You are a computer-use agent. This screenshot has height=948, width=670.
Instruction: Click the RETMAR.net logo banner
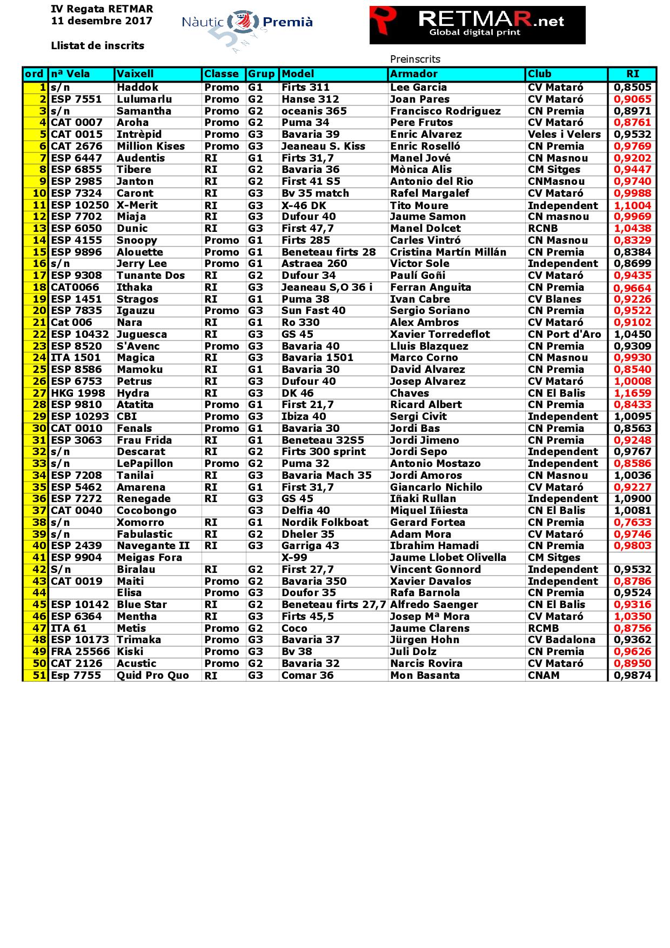tap(477, 25)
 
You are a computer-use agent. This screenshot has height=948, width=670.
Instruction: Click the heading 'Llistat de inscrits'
tap(97, 46)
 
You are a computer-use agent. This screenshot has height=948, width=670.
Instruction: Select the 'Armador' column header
tap(414, 74)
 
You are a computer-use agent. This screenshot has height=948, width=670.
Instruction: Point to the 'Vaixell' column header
tap(135, 74)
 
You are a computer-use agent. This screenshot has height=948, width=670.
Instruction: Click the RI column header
tap(632, 74)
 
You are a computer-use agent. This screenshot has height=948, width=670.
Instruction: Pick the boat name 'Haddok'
tap(137, 88)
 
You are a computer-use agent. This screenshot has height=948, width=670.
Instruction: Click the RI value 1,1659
tap(632, 393)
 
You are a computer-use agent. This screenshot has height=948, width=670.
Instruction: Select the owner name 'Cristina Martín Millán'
tap(448, 252)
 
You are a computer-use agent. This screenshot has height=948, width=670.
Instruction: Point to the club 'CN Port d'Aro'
tap(564, 335)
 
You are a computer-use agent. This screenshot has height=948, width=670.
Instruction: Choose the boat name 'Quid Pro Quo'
tap(153, 676)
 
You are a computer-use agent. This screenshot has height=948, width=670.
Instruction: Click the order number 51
tap(39, 676)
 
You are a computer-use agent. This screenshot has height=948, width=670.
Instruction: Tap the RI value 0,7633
tap(632, 523)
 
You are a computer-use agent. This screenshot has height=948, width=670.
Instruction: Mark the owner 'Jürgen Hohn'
tap(425, 640)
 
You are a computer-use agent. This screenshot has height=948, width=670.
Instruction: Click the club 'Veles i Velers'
tap(564, 135)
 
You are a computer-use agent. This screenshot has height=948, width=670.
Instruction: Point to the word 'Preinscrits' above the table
tap(415, 59)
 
